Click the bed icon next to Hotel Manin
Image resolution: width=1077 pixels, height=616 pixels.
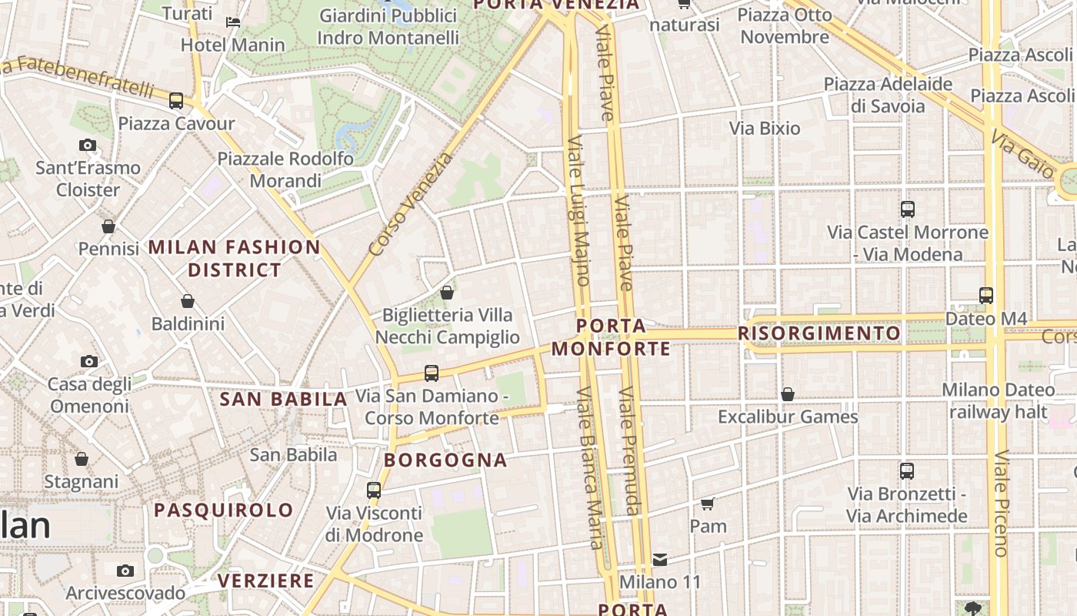pos(233,22)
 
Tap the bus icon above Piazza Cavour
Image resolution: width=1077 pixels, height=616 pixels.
pos(176,101)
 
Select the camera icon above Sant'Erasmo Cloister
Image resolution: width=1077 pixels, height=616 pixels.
pos(88,145)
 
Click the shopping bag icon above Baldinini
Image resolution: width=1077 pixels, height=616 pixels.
pos(188,301)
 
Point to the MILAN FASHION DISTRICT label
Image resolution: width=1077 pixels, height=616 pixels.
pos(235,259)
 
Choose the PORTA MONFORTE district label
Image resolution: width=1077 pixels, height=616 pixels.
pos(612,337)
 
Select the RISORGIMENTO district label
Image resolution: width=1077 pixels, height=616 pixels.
pos(819,333)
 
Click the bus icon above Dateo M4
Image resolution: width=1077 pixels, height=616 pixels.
pos(986,295)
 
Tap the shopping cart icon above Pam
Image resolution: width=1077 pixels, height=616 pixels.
pos(708,504)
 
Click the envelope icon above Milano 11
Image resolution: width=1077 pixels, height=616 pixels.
pos(660,560)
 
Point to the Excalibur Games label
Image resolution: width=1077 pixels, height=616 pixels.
pos(788,417)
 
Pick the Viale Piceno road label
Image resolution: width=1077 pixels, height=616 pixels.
pos(1001,504)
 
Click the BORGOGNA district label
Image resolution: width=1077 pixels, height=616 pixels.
pos(446,460)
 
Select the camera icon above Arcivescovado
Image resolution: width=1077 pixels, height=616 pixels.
pos(125,571)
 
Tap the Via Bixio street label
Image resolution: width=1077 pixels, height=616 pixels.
pos(765,129)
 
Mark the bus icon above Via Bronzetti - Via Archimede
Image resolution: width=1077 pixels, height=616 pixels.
pos(907,470)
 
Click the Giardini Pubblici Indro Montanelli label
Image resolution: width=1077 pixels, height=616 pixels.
pos(388,26)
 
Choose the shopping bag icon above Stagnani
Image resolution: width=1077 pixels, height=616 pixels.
pos(82,459)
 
